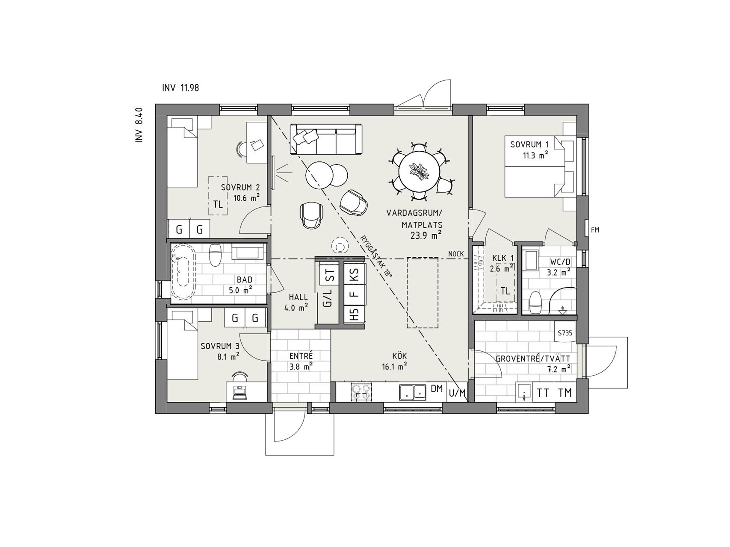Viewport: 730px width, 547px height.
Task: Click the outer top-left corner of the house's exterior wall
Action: (155, 104)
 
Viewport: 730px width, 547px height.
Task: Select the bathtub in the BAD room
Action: (183, 271)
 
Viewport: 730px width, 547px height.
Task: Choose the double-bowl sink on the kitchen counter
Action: (413, 392)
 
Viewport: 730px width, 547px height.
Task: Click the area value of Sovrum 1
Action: (538, 156)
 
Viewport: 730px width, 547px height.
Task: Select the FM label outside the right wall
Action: (595, 230)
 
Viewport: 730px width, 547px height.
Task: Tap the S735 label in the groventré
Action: (565, 333)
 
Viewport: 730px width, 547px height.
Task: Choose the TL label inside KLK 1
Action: (505, 291)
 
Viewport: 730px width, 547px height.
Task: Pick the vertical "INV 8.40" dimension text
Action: (139, 125)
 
